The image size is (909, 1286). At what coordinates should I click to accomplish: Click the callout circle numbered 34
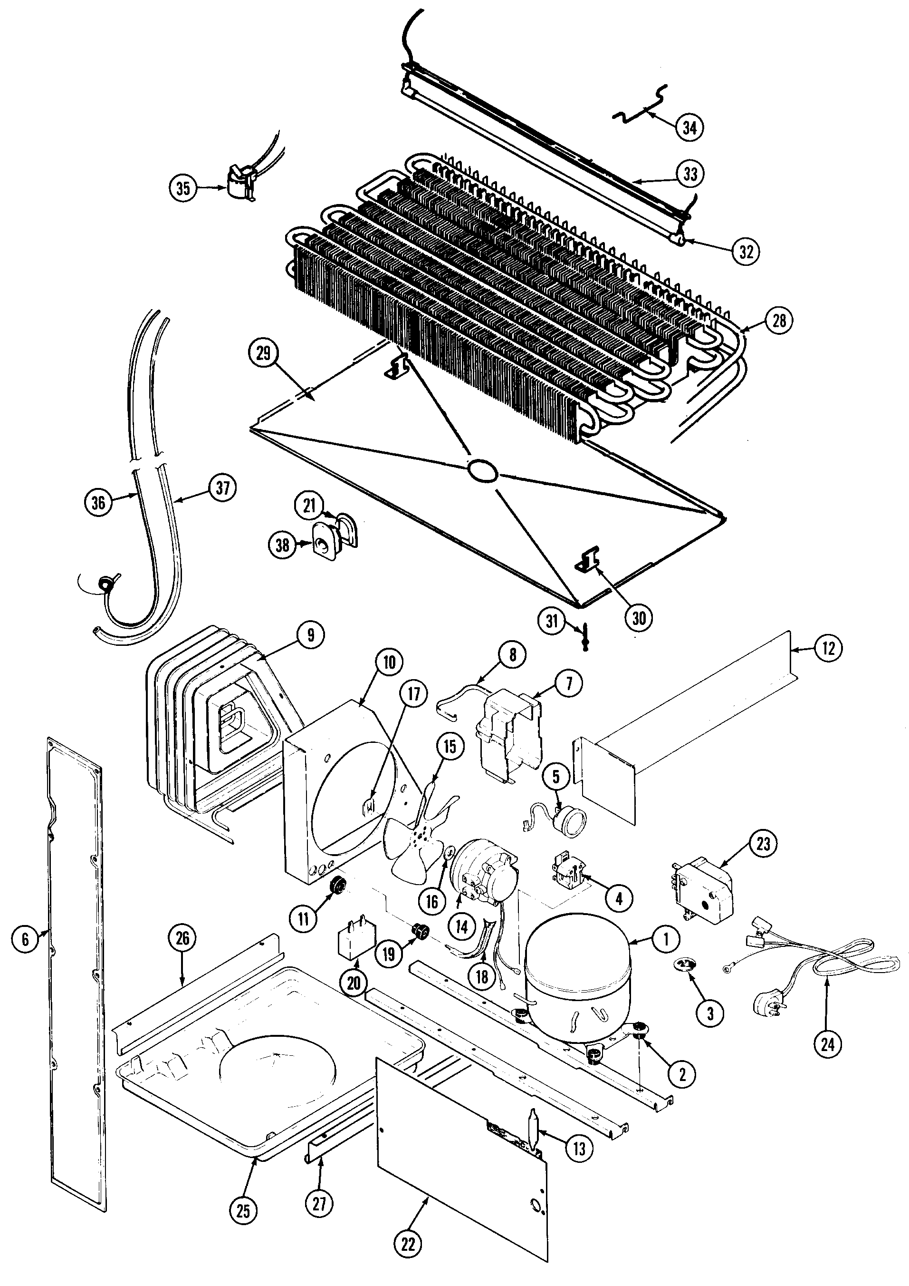pos(689,128)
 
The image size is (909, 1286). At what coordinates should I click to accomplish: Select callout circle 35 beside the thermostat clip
pos(183,188)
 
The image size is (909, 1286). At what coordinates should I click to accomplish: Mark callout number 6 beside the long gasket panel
pos(25,938)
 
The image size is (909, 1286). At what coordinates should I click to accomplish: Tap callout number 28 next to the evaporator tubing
pos(779,321)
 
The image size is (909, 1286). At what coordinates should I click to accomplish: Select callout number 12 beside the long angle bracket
pos(828,648)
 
